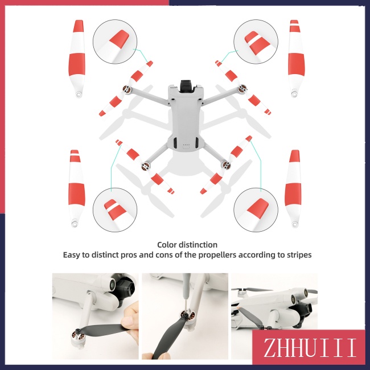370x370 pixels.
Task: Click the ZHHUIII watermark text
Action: tap(309, 348)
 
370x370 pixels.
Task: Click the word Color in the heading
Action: tap(167, 245)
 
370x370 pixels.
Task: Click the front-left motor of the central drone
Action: tap(126, 89)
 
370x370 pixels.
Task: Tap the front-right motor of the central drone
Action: tap(242, 89)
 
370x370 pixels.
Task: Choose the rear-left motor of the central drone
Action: tap(145, 166)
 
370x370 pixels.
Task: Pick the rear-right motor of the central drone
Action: tap(226, 165)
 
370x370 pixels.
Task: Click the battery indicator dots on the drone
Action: tap(186, 145)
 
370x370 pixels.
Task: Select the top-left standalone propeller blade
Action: tap(77, 59)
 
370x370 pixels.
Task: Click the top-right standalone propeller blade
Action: tap(296, 59)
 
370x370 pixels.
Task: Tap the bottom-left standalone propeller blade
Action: tap(76, 188)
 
